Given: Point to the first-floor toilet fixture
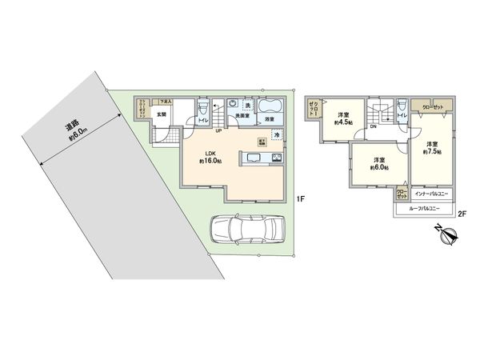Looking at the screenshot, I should pos(202,109).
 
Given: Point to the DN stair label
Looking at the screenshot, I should pos(373,126).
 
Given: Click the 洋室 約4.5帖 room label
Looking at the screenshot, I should pos(344,118).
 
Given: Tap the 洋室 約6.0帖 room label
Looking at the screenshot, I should pos(378,165).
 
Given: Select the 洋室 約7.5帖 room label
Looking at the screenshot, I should pos(433,148).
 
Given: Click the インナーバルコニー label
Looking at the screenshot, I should pos(430,194).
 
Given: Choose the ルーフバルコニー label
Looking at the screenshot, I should pos(425,209).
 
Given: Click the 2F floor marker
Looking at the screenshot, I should pos(462,213).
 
